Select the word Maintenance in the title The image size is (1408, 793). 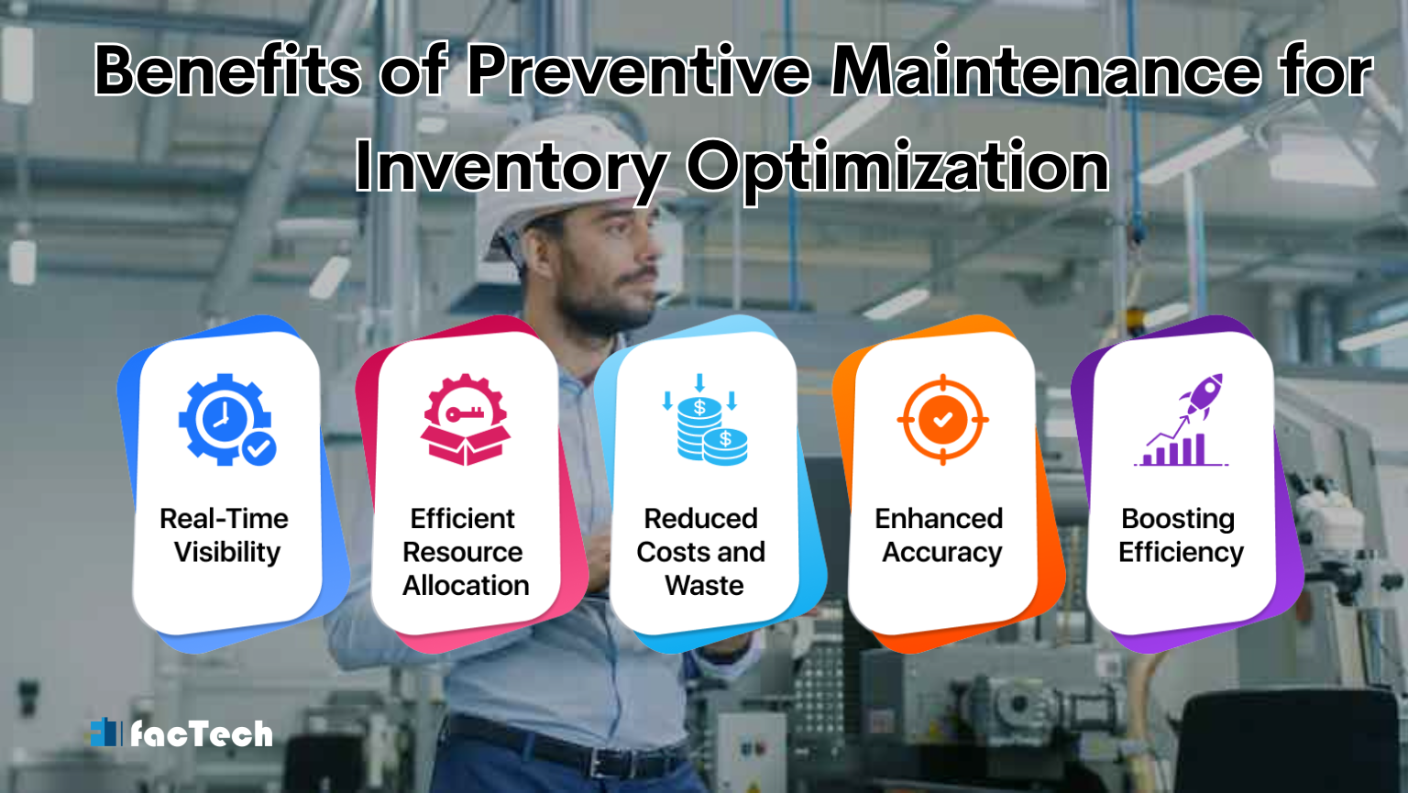click(1045, 71)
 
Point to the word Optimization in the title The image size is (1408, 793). click(897, 168)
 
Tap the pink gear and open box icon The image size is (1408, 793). click(465, 420)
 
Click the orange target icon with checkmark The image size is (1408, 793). click(942, 420)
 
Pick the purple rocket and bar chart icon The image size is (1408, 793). click(1182, 420)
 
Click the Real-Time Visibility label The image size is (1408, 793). click(225, 535)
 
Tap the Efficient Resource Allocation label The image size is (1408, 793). click(464, 552)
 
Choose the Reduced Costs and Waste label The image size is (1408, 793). click(702, 552)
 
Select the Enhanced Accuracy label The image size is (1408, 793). click(940, 535)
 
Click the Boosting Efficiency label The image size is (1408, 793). click(1180, 535)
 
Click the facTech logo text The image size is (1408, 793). click(202, 733)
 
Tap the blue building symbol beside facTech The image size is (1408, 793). click(105, 732)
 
